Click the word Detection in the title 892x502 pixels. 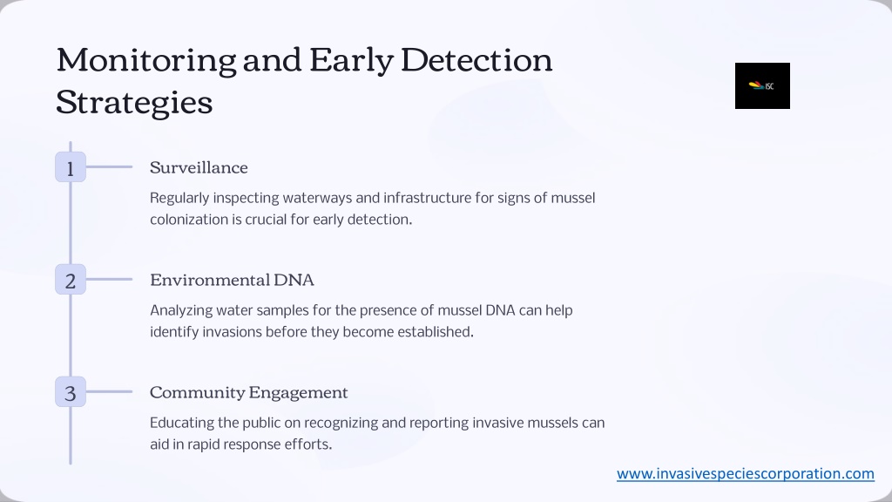[476, 60]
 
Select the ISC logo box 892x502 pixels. [762, 86]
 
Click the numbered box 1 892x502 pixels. [71, 167]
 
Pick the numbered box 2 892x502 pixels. [71, 280]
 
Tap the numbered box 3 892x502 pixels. [71, 392]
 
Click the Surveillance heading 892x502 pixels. [199, 167]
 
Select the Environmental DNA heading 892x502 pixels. [232, 280]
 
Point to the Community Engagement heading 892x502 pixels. [248, 393]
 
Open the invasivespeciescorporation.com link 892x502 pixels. [746, 473]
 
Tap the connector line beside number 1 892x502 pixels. [109, 166]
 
